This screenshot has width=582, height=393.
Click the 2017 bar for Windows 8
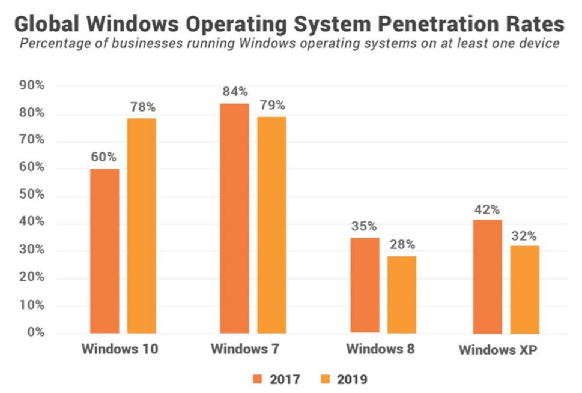click(x=365, y=285)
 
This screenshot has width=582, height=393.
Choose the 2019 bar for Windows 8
click(x=401, y=294)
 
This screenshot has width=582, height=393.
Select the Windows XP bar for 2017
click(x=487, y=276)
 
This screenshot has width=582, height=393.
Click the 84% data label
click(x=235, y=92)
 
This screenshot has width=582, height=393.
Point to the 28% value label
click(x=402, y=245)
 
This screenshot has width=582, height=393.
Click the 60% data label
click(x=105, y=157)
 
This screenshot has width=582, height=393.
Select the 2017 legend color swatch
click(x=258, y=379)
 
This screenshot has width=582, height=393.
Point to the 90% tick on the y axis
click(x=32, y=85)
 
